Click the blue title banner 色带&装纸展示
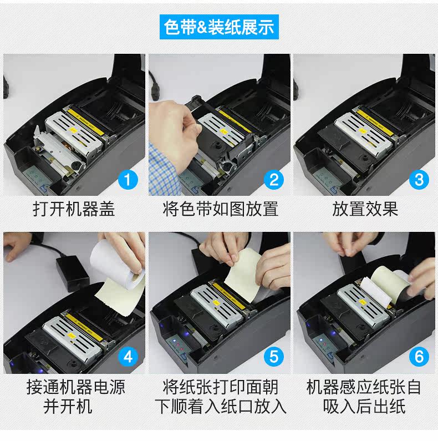pyautogui.click(x=219, y=27)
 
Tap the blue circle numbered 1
pyautogui.click(x=128, y=180)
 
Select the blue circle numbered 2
pyautogui.click(x=274, y=180)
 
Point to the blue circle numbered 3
pyautogui.click(x=419, y=180)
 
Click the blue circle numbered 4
pyautogui.click(x=128, y=357)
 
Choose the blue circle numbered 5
pyautogui.click(x=274, y=357)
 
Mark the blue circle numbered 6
pyautogui.click(x=419, y=357)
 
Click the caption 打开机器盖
pyautogui.click(x=74, y=209)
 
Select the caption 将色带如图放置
pyautogui.click(x=220, y=209)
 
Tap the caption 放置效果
pyautogui.click(x=365, y=209)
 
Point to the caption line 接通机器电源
pyautogui.click(x=76, y=387)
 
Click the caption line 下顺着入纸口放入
pyautogui.click(x=221, y=407)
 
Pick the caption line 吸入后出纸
pyautogui.click(x=364, y=407)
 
